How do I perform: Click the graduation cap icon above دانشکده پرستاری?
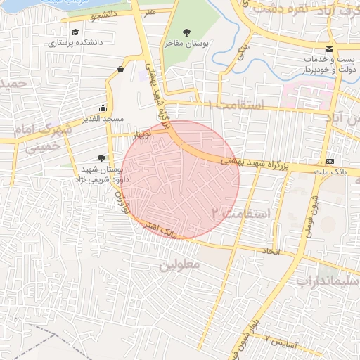75,32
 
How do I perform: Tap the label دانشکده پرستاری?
75,43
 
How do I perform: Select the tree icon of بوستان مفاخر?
186,32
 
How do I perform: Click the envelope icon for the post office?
329,48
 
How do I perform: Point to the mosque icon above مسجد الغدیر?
103,108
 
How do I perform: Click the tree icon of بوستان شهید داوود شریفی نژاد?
102,159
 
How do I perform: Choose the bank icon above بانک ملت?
330,161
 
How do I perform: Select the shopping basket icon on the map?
121,69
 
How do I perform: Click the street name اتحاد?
271,251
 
